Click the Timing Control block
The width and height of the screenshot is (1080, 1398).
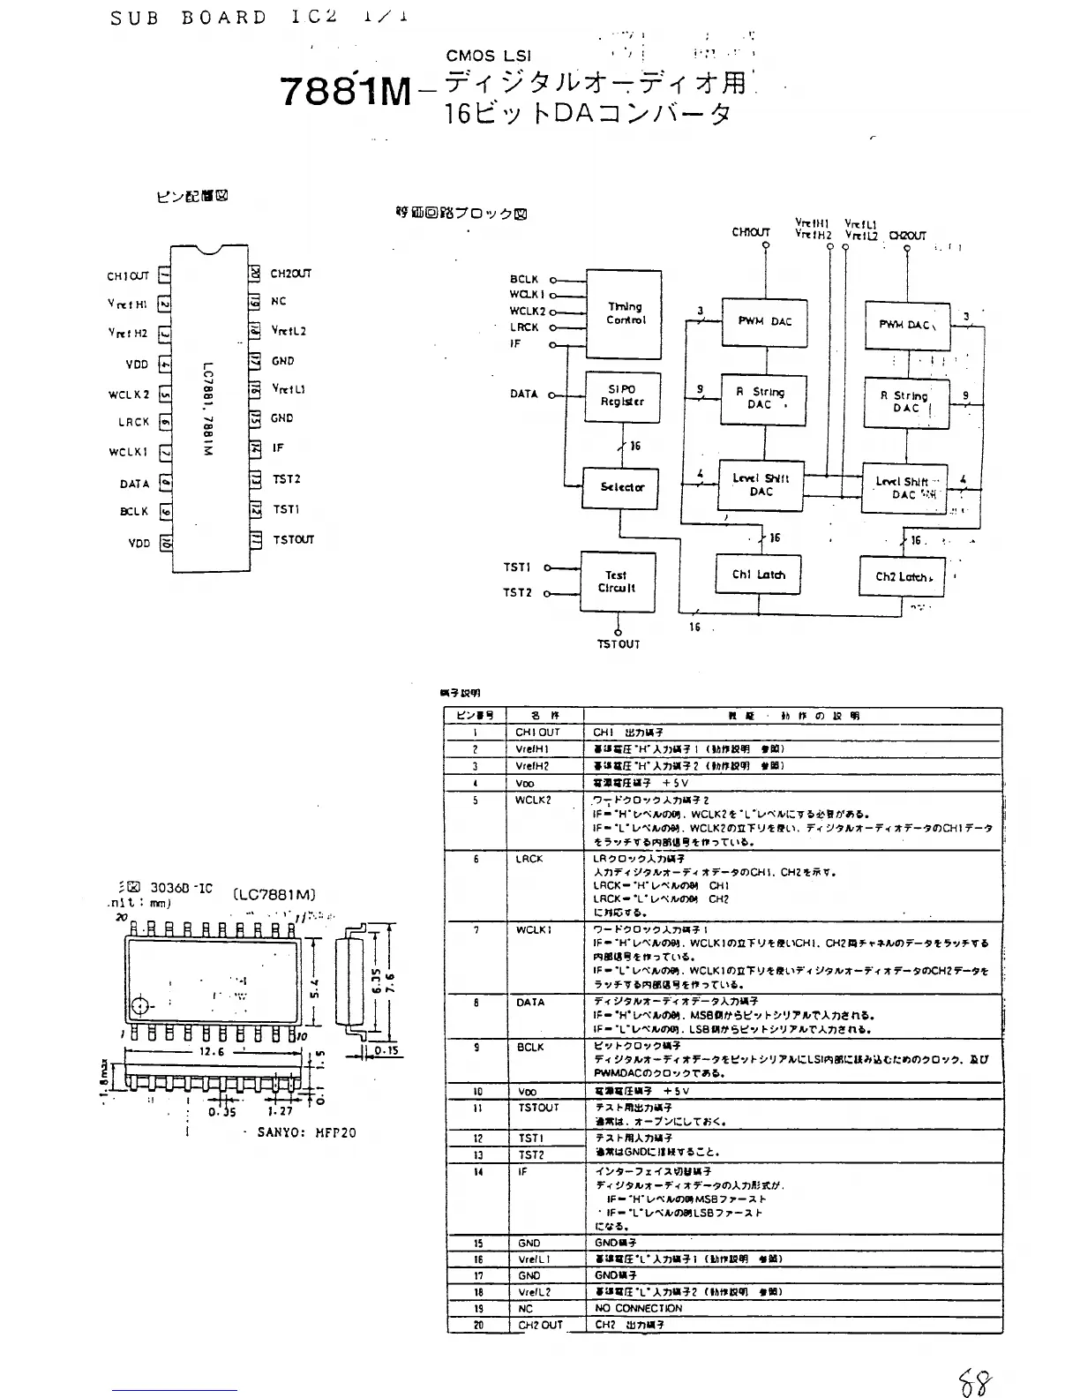[625, 314]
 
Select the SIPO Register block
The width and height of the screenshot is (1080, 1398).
[623, 395]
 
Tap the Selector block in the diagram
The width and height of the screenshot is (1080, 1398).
[622, 487]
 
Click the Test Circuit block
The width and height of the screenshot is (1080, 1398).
[617, 582]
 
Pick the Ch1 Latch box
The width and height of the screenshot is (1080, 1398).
[758, 575]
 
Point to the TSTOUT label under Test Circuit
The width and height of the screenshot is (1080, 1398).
[618, 644]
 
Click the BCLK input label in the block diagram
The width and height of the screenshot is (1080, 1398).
[523, 279]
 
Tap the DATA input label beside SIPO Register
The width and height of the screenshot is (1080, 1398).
[523, 394]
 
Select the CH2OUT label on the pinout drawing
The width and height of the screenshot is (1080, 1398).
[290, 274]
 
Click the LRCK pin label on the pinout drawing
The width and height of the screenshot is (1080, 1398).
[133, 422]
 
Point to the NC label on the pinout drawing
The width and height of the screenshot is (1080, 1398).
[279, 302]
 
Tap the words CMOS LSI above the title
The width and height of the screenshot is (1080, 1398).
[489, 56]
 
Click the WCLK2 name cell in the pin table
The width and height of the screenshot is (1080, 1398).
[533, 800]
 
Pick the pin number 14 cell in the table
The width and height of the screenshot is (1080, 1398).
[477, 1172]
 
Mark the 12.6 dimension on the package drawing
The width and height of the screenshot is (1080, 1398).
[212, 1052]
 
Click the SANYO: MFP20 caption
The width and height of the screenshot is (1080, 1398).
[306, 1132]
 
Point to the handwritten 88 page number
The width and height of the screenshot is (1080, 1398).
[975, 1382]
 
